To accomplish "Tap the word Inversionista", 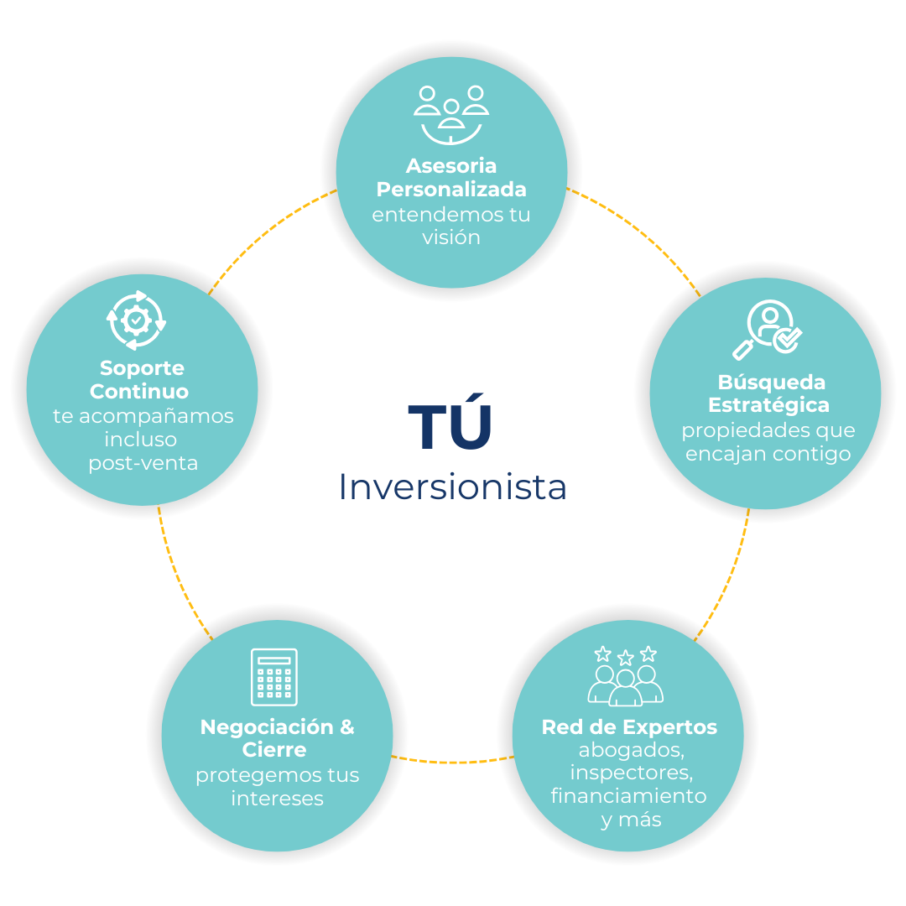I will point(452,487).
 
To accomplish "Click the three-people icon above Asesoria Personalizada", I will point(451,114).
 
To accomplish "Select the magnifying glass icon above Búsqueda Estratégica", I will point(767,330).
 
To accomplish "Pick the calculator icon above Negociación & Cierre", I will point(274,677).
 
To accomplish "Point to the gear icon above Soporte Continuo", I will point(137,320).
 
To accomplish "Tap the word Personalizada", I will point(451,190).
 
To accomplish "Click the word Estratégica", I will point(768,405).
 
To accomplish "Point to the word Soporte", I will point(142,368).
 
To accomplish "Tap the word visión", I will point(451,237).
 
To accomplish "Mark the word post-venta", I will point(143,463).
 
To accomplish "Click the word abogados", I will point(629,750).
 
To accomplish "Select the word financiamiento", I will point(628,795).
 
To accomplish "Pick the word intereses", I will point(277,799).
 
